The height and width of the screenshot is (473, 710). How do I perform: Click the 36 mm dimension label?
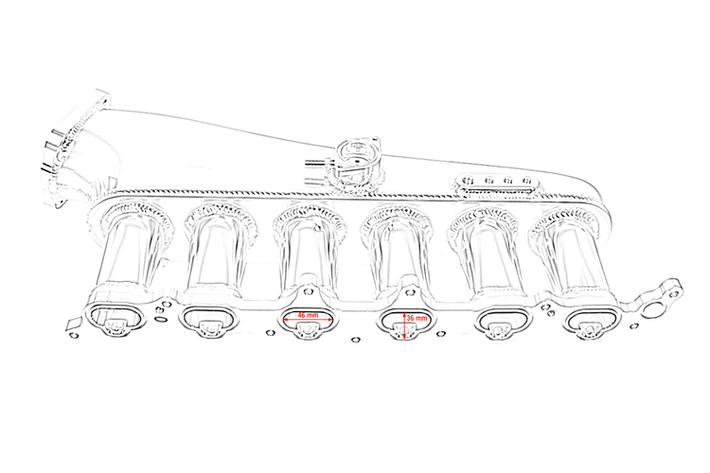point(417,320)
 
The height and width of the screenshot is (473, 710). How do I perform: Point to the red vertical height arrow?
point(405,322)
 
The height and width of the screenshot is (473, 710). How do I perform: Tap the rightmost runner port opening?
point(591,322)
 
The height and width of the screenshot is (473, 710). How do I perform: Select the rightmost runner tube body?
point(575,260)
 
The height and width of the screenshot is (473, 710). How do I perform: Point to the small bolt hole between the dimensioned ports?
point(356,338)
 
